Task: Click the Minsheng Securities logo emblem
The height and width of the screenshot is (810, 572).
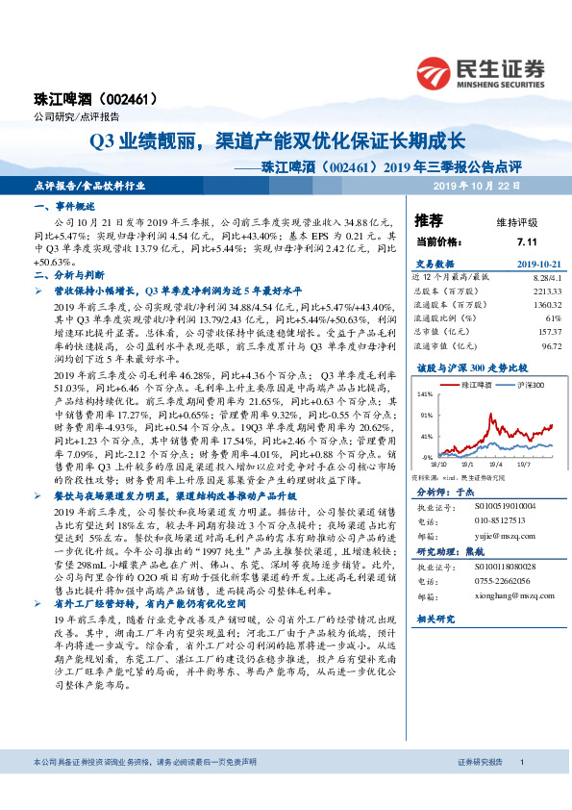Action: point(437,70)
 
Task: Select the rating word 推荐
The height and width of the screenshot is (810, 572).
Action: point(429,219)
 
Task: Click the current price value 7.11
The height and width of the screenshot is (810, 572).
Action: point(526,242)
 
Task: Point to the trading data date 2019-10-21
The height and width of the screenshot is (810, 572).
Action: point(527,264)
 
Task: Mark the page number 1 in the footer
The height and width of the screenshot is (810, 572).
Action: point(521,788)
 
